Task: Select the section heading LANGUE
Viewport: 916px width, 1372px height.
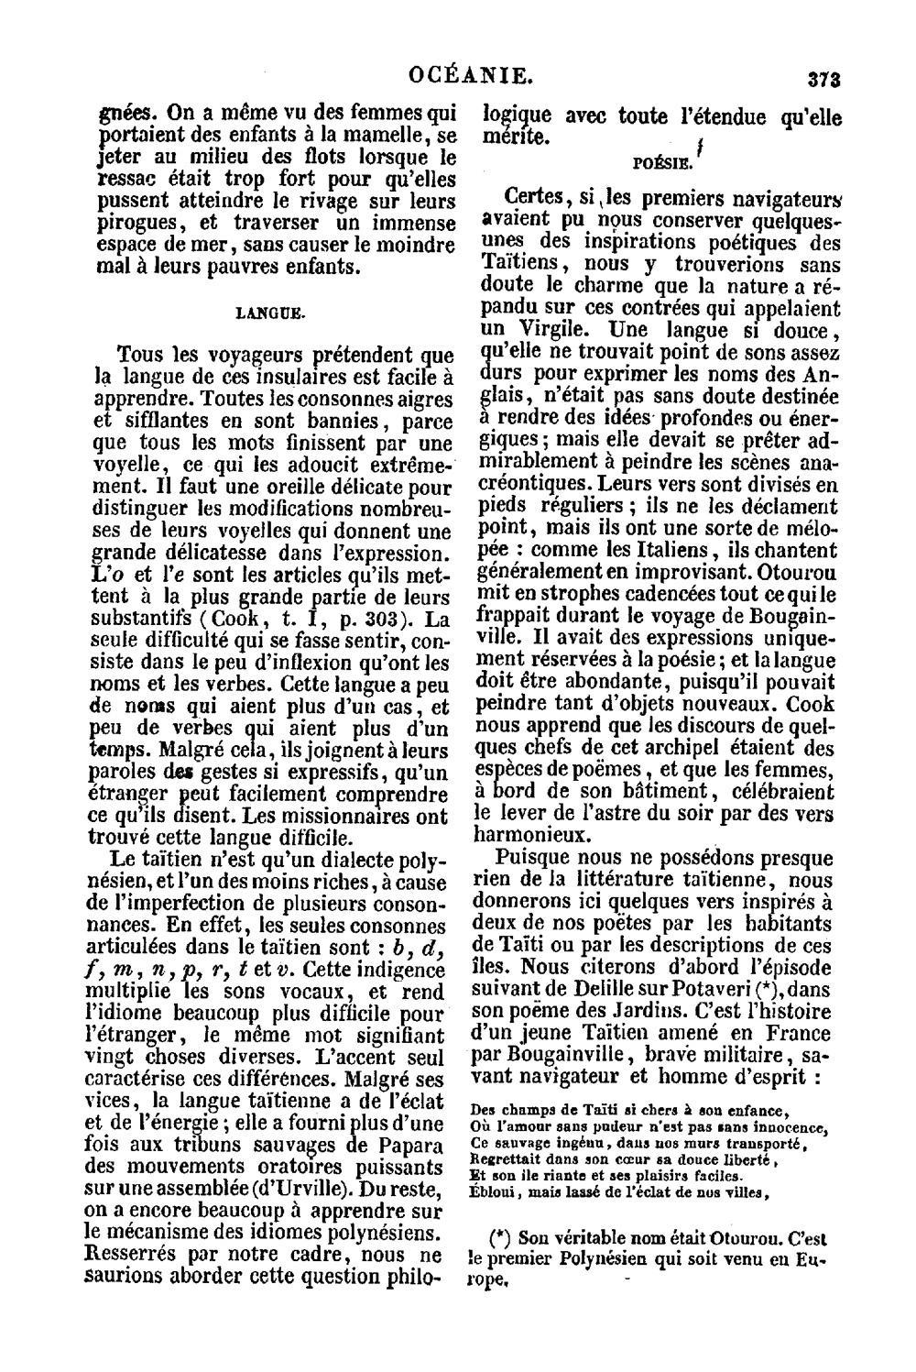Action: (x=271, y=313)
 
